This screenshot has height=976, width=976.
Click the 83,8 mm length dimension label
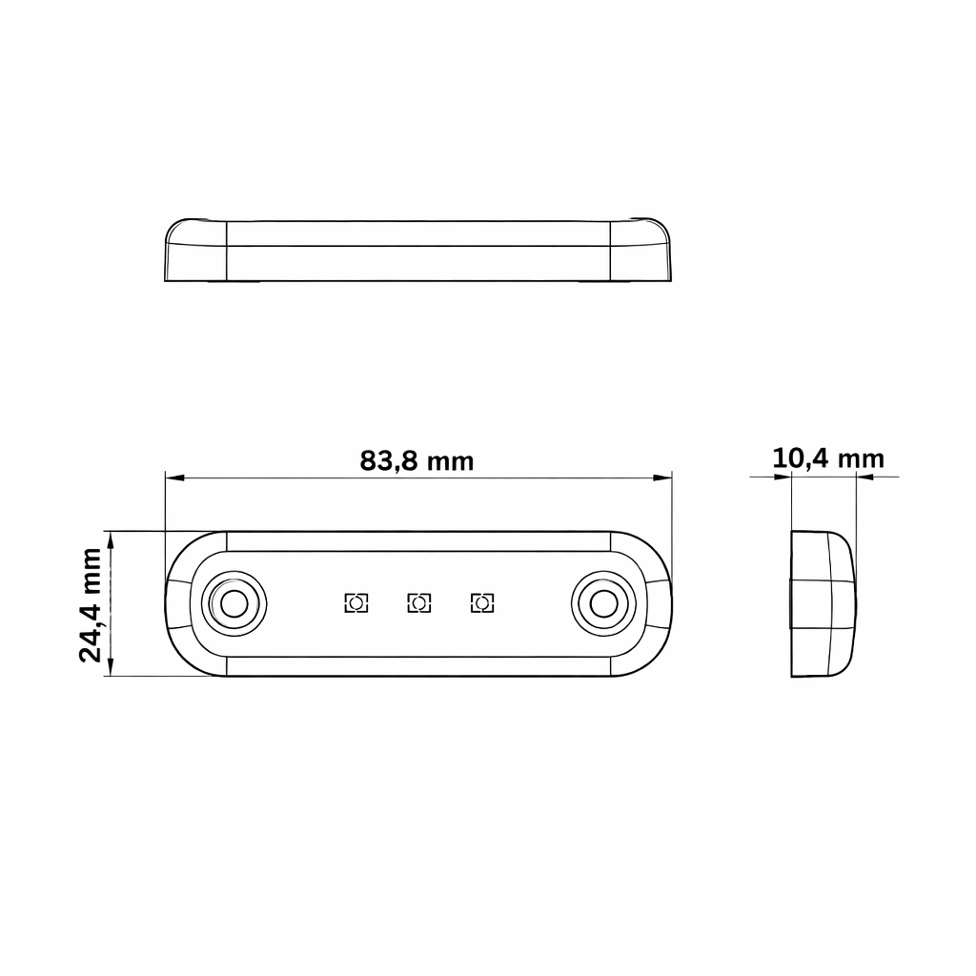417,461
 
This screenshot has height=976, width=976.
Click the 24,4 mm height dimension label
91,604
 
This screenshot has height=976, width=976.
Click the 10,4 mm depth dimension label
828,458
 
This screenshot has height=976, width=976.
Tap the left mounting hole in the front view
234,603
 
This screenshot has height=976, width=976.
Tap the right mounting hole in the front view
603,603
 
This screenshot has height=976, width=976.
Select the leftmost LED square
356,603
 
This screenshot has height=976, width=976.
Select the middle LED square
419,603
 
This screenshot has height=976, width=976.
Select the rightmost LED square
482,603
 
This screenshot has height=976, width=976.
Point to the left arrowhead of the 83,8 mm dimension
175,478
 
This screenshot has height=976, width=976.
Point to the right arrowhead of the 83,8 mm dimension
662,478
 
